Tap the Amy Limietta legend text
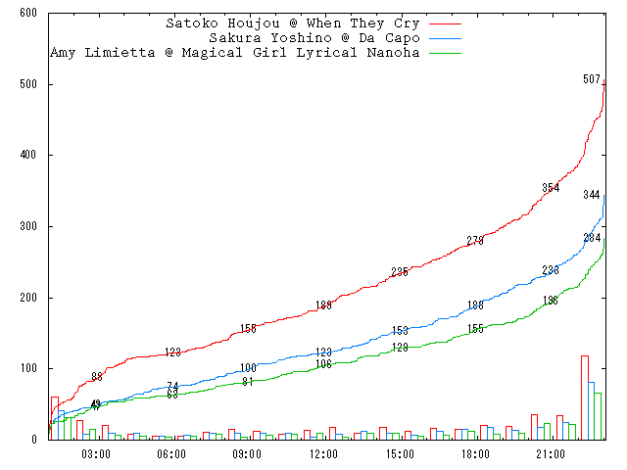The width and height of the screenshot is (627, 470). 234,52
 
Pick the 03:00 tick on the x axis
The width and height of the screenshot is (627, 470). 95,453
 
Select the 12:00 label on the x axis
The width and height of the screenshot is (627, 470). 323,453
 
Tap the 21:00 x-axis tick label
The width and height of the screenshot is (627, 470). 551,453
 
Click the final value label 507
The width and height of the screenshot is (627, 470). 591,79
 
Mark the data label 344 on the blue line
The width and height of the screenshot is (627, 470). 591,195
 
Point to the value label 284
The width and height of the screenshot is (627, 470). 592,238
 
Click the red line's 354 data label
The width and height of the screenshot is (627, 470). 551,188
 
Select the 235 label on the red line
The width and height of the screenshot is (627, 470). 399,272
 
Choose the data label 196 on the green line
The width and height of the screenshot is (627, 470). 551,301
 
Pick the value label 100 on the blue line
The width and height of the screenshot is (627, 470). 248,368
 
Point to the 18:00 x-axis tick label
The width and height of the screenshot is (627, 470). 475,453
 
